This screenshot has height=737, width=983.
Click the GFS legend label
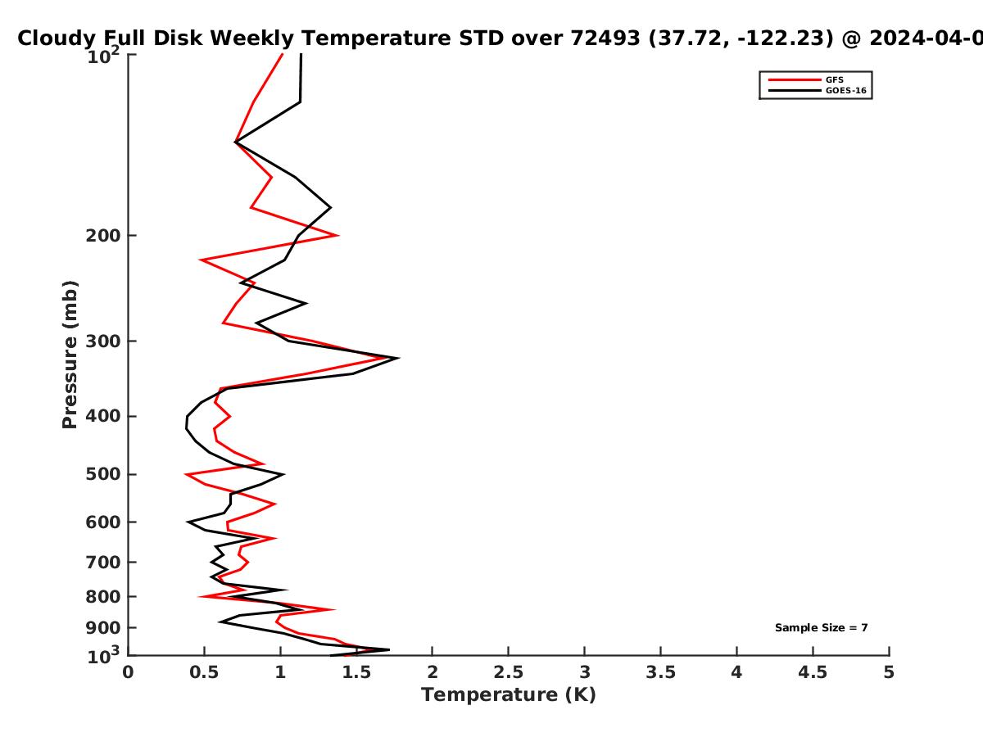pyautogui.click(x=834, y=79)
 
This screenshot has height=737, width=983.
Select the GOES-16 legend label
pyautogui.click(x=846, y=90)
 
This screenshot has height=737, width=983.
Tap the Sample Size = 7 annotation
pyautogui.click(x=822, y=628)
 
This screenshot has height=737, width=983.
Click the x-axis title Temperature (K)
pyautogui.click(x=509, y=695)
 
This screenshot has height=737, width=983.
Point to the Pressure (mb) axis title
pyautogui.click(x=70, y=355)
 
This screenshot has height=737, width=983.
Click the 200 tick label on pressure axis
pyautogui.click(x=103, y=235)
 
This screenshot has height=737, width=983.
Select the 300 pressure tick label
pyautogui.click(x=103, y=341)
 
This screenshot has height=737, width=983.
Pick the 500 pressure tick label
pyautogui.click(x=103, y=474)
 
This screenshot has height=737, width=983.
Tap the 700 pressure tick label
pyautogui.click(x=103, y=562)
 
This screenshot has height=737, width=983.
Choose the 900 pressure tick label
pyautogui.click(x=103, y=628)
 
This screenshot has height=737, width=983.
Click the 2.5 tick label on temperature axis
pyautogui.click(x=509, y=672)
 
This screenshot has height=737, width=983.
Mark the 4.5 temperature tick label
pyautogui.click(x=813, y=672)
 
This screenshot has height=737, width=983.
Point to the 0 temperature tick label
pyautogui.click(x=128, y=672)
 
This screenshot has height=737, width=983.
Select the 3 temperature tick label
pyautogui.click(x=584, y=672)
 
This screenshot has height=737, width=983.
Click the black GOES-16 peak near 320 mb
pyautogui.click(x=397, y=358)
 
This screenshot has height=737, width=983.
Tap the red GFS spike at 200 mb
pyautogui.click(x=337, y=235)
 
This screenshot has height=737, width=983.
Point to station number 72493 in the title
pyautogui.click(x=605, y=38)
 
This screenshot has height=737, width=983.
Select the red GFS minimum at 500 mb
pyautogui.click(x=186, y=474)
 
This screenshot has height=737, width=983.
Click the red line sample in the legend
pyautogui.click(x=794, y=79)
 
